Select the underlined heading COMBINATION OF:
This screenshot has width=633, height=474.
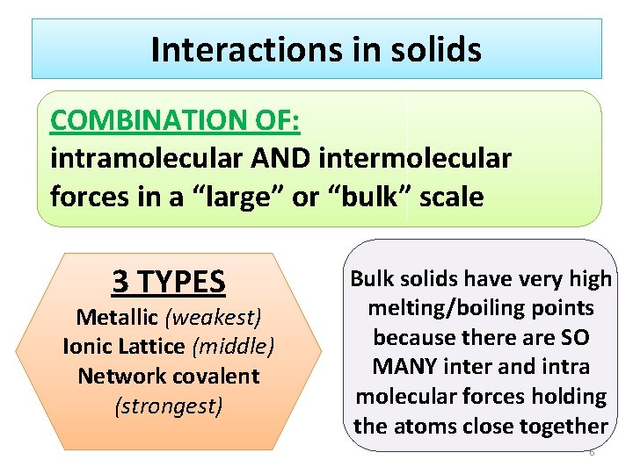pos(175,121)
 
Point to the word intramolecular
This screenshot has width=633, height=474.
pos(142,159)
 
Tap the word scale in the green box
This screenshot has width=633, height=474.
pos(451,197)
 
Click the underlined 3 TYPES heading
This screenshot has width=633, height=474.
pos(169,282)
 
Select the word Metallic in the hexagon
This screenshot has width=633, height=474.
pos(115,316)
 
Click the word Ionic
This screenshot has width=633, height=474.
pos(87,346)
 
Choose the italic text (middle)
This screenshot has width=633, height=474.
pos(233,346)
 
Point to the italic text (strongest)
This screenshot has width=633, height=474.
pos(169,406)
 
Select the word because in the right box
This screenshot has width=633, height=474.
pos(414,338)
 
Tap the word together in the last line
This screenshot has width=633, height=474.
pos(562,427)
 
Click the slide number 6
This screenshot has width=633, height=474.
pos(592,452)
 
